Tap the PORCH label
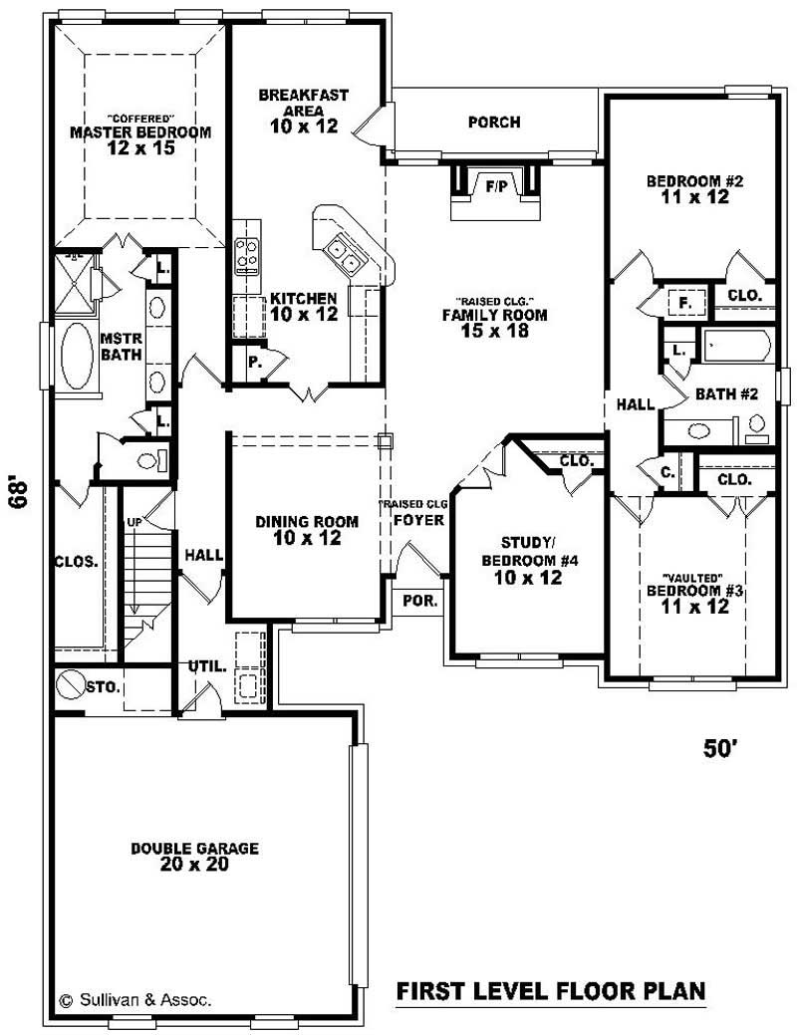[494, 123]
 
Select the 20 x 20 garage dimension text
[195, 865]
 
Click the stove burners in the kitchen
[246, 255]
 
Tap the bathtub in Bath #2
[736, 347]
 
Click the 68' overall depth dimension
[17, 492]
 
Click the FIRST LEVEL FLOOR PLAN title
[551, 991]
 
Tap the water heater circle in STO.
[72, 685]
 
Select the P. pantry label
[255, 364]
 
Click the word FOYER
[412, 519]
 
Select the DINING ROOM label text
[298, 521]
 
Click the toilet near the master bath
[148, 460]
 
